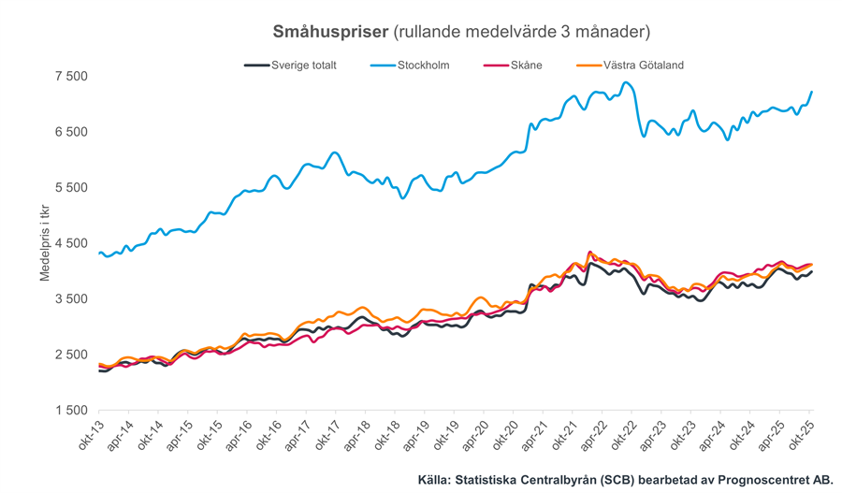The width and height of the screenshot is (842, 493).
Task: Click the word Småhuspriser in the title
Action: pyautogui.click(x=329, y=32)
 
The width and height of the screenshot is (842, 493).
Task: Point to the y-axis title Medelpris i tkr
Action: pyautogui.click(x=44, y=246)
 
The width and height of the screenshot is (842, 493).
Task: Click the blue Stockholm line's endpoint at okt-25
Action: pyautogui.click(x=811, y=92)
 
